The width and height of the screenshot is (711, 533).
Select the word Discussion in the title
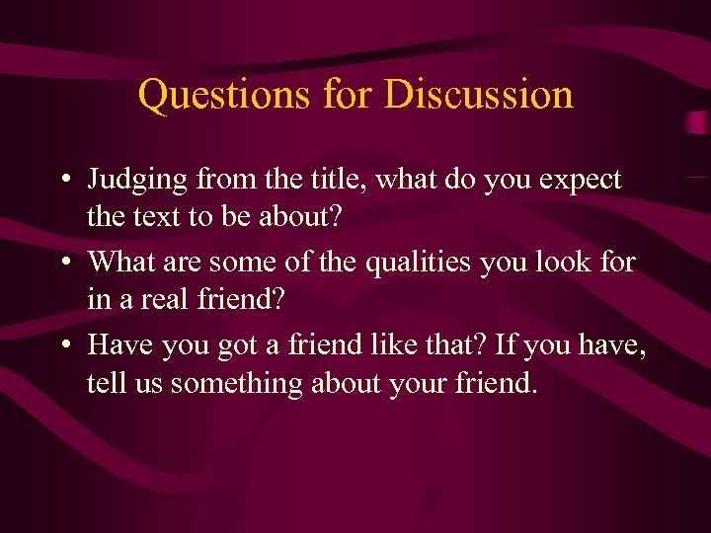tap(478, 95)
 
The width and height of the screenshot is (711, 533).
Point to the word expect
tap(575, 180)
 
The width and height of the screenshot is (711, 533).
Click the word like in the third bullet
tap(395, 345)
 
